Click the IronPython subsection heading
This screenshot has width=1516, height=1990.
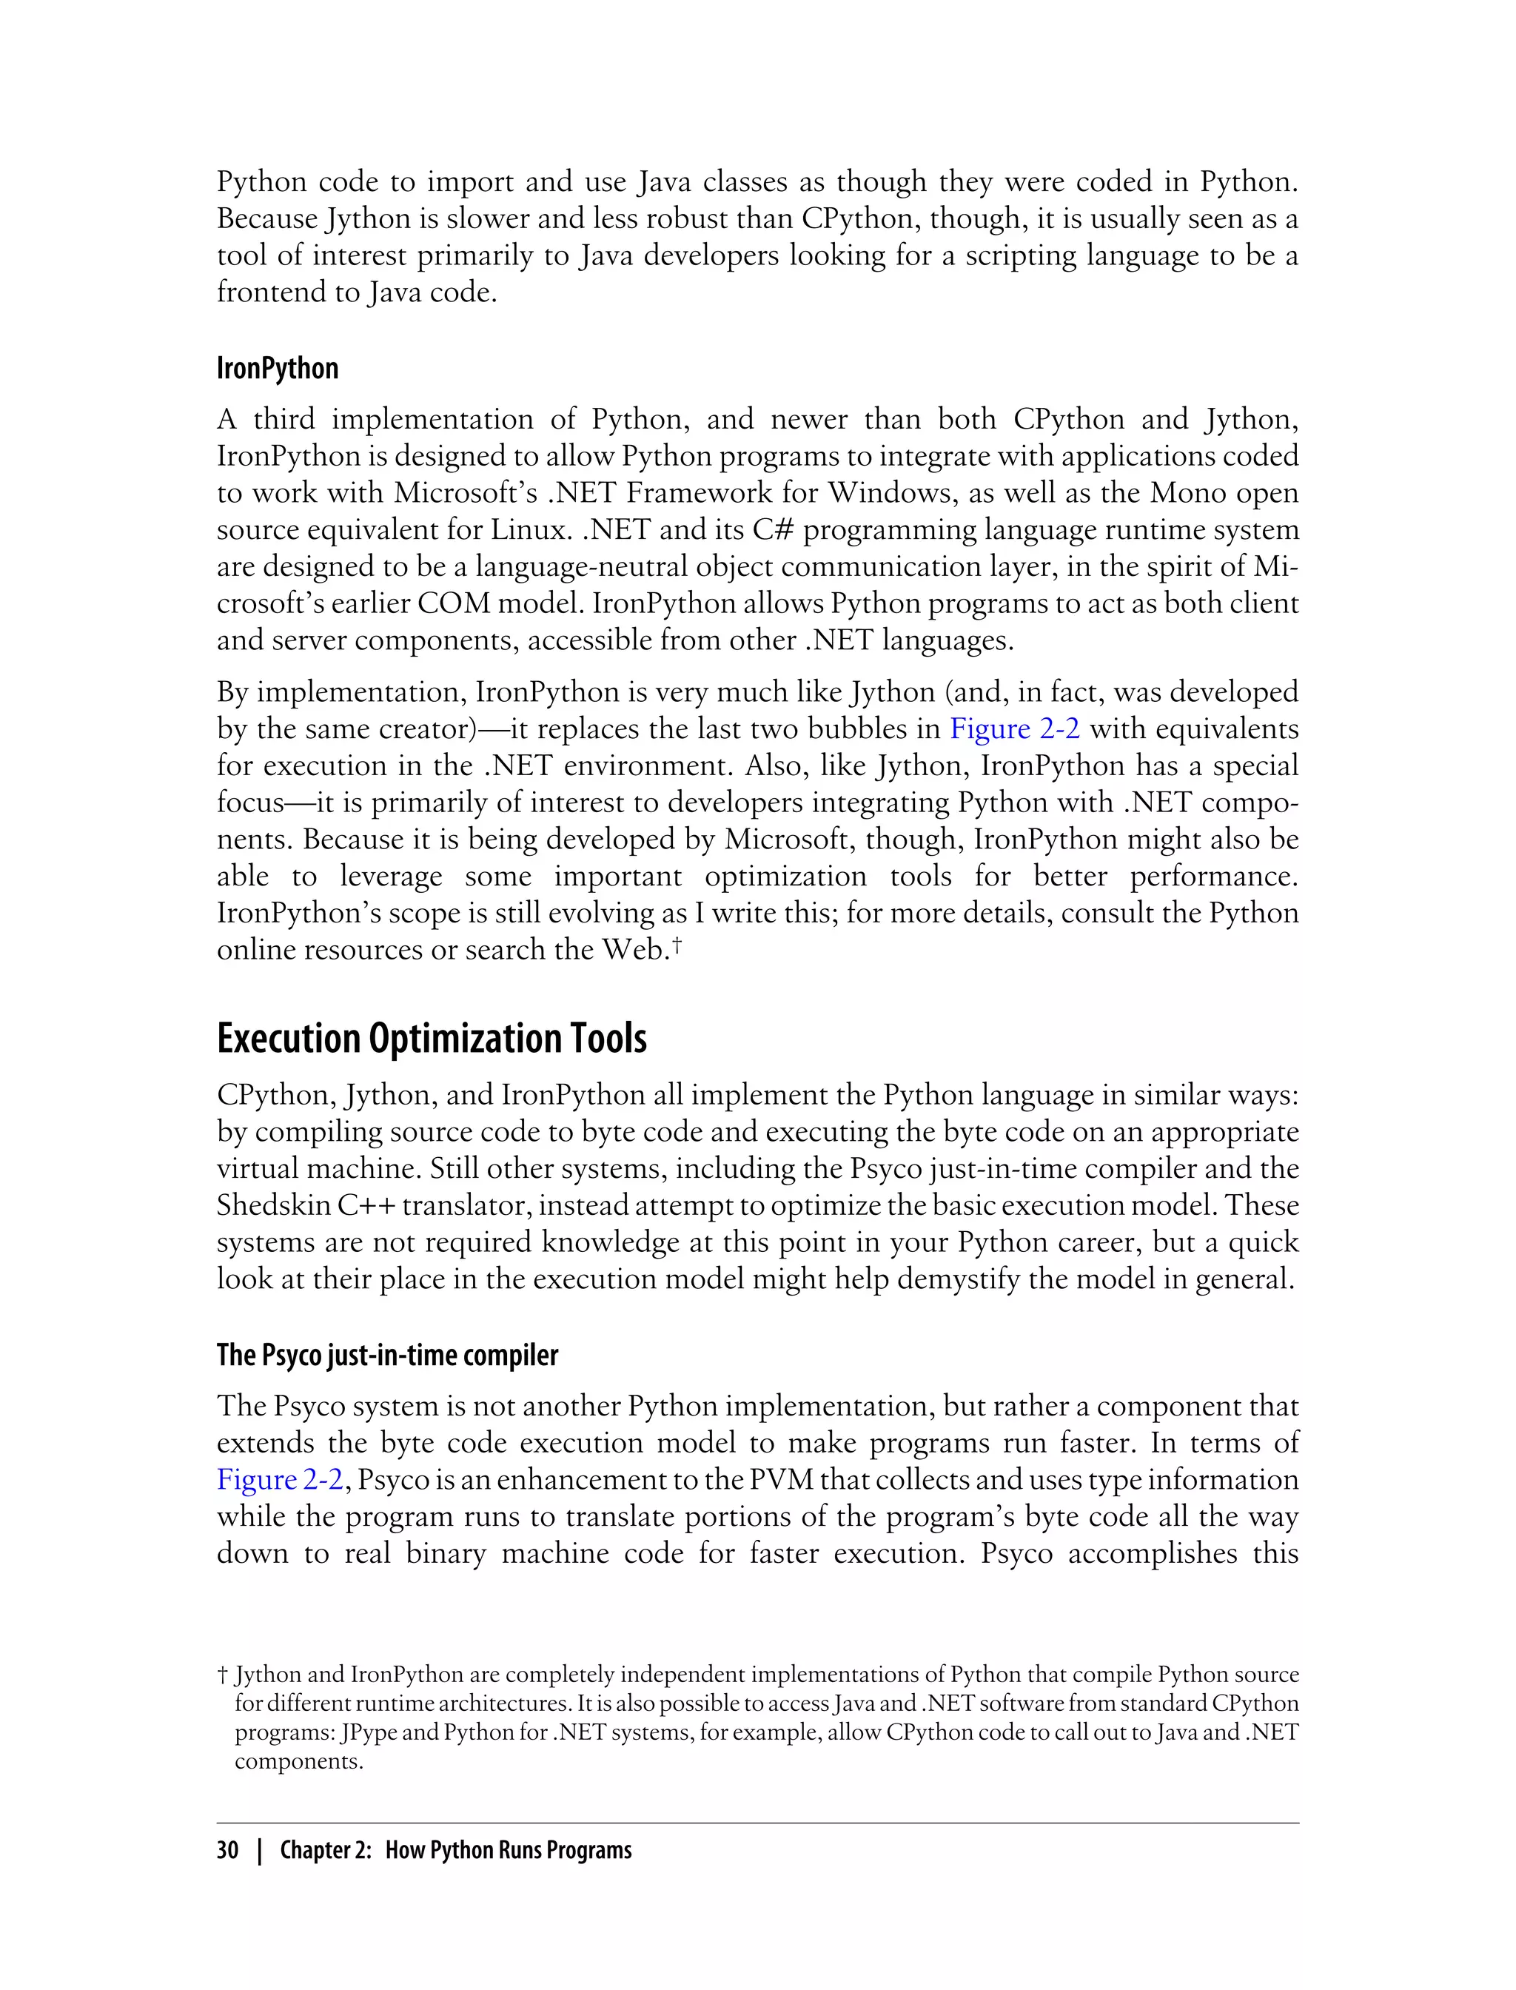277,368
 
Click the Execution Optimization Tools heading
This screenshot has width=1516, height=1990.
432,1039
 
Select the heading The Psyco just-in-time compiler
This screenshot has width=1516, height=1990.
387,1355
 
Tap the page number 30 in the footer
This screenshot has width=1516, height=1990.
227,1850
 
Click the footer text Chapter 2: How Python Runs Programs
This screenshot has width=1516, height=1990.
456,1850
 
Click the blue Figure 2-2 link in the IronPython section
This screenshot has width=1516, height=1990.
1014,728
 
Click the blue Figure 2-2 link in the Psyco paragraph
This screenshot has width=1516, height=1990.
280,1480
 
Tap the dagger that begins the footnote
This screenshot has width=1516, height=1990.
221,1675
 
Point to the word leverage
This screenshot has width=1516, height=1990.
390,877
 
